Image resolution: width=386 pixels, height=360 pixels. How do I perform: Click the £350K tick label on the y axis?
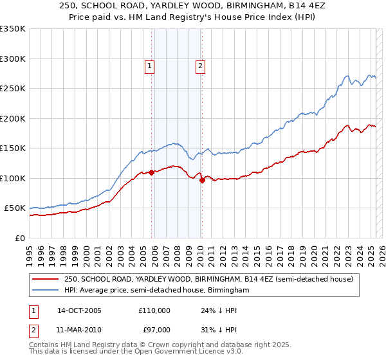[x=13, y=29]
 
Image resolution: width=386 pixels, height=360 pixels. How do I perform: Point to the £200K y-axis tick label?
[x=13, y=118]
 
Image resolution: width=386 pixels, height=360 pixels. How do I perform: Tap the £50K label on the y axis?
[x=15, y=208]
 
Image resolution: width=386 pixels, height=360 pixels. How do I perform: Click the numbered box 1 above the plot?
[x=149, y=65]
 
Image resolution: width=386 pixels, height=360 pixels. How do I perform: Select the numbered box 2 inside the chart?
[x=200, y=65]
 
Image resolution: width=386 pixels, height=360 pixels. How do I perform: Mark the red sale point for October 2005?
[x=152, y=172]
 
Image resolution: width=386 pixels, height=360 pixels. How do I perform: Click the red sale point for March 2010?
[x=202, y=180]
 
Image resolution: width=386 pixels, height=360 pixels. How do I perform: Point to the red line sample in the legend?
[x=45, y=280]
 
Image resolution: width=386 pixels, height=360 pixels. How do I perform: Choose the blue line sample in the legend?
[x=45, y=291]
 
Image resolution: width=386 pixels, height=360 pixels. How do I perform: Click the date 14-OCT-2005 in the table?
[x=79, y=310]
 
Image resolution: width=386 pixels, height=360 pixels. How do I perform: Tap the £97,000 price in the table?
[x=154, y=329]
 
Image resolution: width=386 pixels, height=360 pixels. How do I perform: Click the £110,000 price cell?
[x=154, y=310]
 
